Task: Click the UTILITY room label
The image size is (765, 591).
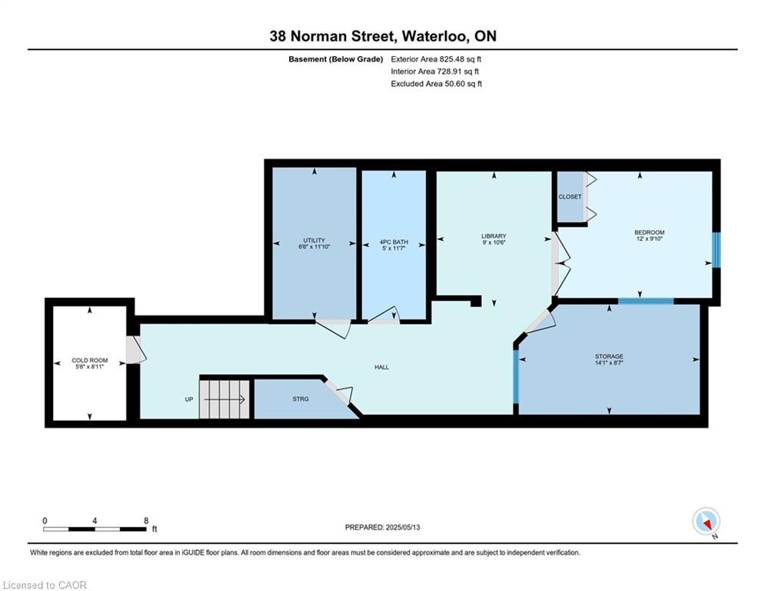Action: pyautogui.click(x=314, y=240)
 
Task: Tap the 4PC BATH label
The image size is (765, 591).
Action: pyautogui.click(x=394, y=242)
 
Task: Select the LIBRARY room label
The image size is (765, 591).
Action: pyautogui.click(x=494, y=236)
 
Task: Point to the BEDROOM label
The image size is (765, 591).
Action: pyautogui.click(x=650, y=232)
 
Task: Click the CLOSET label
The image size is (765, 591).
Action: pyautogui.click(x=570, y=197)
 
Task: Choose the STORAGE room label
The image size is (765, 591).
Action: pyautogui.click(x=609, y=356)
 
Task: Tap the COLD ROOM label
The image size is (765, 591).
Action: pyautogui.click(x=90, y=360)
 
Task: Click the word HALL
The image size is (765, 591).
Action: pyautogui.click(x=381, y=367)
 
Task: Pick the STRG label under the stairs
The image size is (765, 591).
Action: pyautogui.click(x=301, y=399)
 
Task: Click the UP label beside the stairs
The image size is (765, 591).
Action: pyautogui.click(x=189, y=399)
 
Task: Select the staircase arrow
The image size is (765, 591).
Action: pyautogui.click(x=225, y=399)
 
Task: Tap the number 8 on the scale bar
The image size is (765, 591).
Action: pyautogui.click(x=146, y=521)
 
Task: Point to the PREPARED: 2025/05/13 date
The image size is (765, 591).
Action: pyautogui.click(x=383, y=527)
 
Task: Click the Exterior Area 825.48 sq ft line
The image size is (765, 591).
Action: pyautogui.click(x=436, y=59)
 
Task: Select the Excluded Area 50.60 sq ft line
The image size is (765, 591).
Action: pyautogui.click(x=436, y=84)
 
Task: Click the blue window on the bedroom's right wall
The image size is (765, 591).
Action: pyautogui.click(x=717, y=249)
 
